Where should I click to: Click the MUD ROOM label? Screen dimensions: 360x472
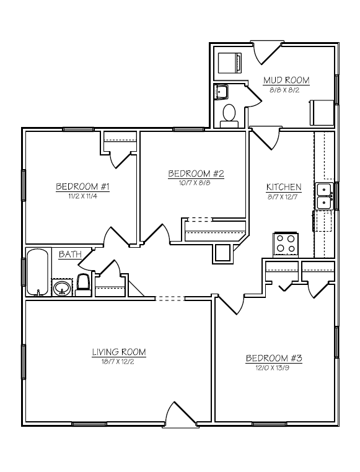click(x=286, y=80)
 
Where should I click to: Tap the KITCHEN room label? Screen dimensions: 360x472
click(x=284, y=187)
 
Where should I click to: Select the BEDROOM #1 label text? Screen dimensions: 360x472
click(x=82, y=186)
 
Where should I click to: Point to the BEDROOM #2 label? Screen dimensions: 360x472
click(x=196, y=173)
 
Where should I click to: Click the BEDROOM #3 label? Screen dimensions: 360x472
click(x=274, y=358)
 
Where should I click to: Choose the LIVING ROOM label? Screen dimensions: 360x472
click(x=119, y=352)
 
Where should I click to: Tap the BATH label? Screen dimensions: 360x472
click(x=70, y=255)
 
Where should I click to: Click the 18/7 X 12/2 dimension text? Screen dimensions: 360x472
click(x=118, y=362)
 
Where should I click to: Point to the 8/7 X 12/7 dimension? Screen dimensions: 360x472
click(x=283, y=197)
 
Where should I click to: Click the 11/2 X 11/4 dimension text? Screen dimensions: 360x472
click(x=83, y=196)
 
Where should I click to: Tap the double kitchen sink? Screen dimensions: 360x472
click(x=325, y=196)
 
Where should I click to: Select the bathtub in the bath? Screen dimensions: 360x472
click(x=38, y=272)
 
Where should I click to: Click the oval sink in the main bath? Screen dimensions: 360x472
click(x=63, y=288)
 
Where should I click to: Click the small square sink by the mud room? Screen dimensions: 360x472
click(x=221, y=92)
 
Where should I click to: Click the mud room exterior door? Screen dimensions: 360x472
click(x=267, y=52)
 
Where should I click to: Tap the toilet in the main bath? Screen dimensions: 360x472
click(x=82, y=285)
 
